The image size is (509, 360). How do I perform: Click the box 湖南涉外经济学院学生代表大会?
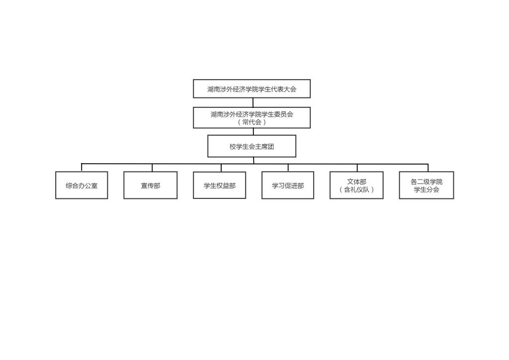tap(252, 89)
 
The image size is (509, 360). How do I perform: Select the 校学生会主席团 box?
tap(252, 146)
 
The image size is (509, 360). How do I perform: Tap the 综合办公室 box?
tap(82, 185)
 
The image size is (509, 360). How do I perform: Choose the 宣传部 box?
tap(150, 185)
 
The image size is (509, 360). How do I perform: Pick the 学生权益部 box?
tap(219, 185)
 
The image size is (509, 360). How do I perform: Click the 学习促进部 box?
tap(288, 185)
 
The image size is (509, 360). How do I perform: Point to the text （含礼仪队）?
tap(356, 189)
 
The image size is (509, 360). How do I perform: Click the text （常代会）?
tap(252, 122)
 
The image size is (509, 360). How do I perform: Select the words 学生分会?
tap(426, 189)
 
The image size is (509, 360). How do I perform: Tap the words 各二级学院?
tap(426, 182)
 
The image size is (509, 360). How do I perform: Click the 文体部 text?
tap(356, 182)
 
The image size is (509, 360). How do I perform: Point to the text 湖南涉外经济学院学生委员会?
tap(252, 114)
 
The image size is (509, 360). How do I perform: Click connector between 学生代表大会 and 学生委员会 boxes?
tap(253, 102)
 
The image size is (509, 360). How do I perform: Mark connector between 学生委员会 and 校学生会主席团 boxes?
tap(253, 131)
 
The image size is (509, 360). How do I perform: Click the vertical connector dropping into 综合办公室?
tap(82, 168)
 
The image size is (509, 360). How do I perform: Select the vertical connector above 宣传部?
tap(152, 168)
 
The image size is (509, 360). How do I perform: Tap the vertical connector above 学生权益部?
tap(221, 168)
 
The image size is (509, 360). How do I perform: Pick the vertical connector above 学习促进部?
tap(288, 168)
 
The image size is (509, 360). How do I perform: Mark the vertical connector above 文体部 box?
tap(357, 168)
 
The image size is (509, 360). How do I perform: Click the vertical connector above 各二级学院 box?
tap(428, 168)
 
